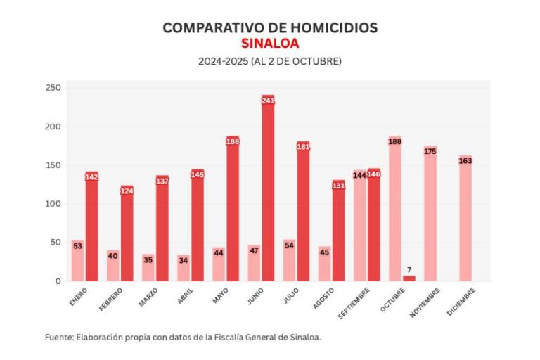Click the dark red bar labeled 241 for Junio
268,190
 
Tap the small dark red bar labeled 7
409,278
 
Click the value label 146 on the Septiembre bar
373,174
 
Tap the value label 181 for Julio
303,146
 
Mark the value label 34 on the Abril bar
183,259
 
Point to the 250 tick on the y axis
53,89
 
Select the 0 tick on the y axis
59,281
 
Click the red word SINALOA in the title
270,44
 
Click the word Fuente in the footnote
59,337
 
